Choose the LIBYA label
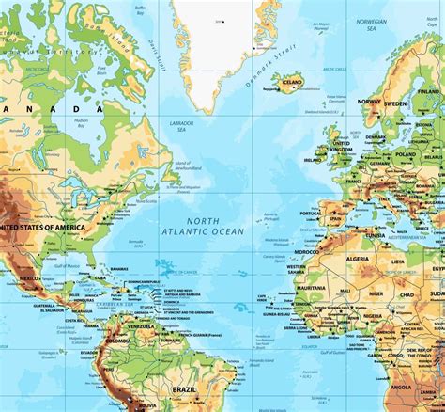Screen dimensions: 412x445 (x=398, y=261)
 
